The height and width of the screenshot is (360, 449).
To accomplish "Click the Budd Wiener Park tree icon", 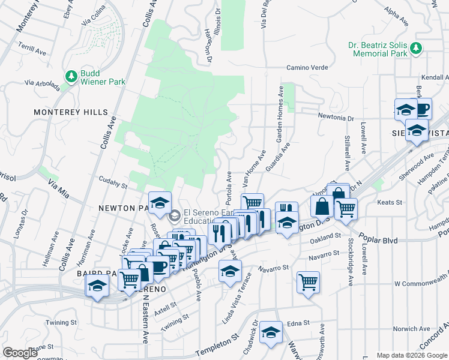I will point(71,76).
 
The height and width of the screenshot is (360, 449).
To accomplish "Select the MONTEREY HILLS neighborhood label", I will point(71,112).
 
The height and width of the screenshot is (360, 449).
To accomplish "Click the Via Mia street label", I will point(59,191).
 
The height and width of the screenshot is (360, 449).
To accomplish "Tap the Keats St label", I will point(390,202).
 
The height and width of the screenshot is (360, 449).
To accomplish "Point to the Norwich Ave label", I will point(411,329).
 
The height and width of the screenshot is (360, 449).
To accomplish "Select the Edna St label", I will point(298,323).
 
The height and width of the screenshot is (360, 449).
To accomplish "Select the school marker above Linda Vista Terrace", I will point(229,270).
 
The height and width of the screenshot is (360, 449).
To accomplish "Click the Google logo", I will point(20,353).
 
